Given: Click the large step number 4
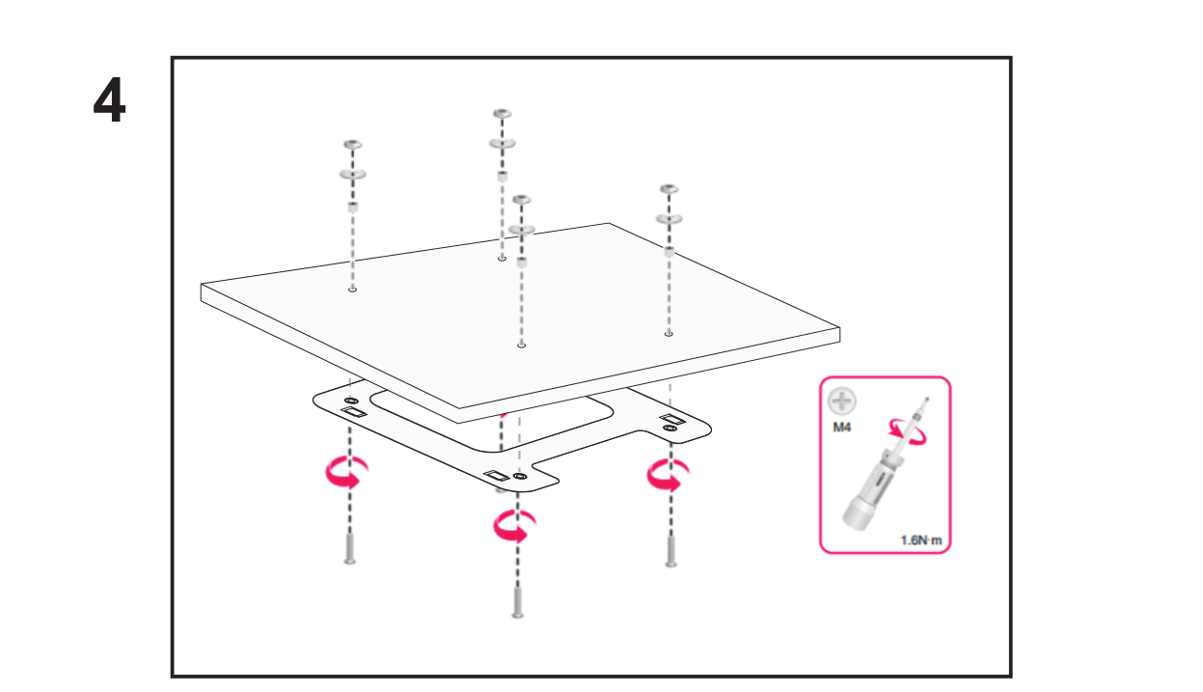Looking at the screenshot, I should click(x=109, y=101).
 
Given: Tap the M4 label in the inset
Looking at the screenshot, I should click(x=842, y=426).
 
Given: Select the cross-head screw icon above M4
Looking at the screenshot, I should click(x=842, y=401).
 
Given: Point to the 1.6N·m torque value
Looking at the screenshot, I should click(x=920, y=540).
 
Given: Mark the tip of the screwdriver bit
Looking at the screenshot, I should click(x=928, y=397).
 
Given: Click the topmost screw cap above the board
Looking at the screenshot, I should click(x=502, y=114).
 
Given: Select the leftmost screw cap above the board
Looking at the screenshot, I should click(x=352, y=145).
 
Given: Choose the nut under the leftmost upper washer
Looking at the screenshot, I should click(x=352, y=208).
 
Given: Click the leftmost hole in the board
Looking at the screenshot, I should click(x=352, y=289).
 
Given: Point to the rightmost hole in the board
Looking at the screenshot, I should click(x=669, y=334).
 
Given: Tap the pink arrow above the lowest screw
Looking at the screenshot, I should click(x=511, y=527).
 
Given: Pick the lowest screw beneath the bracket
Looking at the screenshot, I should click(x=518, y=601).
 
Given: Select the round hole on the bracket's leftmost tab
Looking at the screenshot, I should click(x=351, y=400).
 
